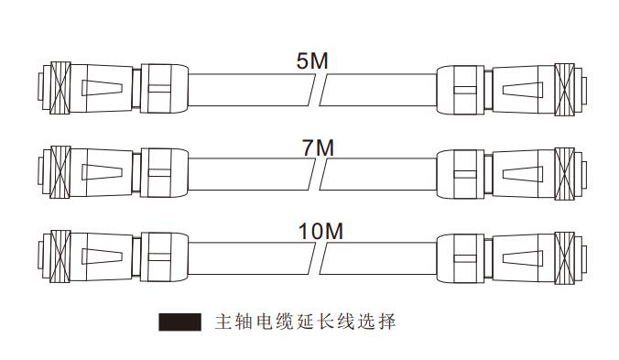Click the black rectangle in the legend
179,322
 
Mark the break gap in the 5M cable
316,90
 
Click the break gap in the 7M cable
316,171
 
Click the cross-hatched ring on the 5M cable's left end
60,90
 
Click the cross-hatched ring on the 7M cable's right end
564,171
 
